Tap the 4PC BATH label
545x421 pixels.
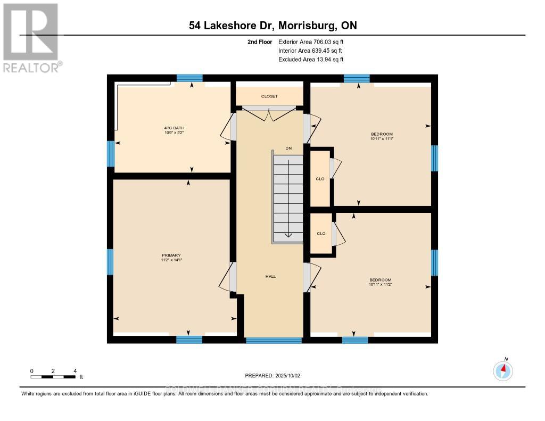pyautogui.click(x=174, y=128)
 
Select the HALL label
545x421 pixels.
pyautogui.click(x=270, y=276)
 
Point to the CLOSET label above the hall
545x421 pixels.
pyautogui.click(x=269, y=96)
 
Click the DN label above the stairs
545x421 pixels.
pyautogui.click(x=288, y=148)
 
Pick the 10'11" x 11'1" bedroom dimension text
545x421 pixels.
pyautogui.click(x=382, y=138)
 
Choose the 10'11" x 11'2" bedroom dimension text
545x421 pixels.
pyautogui.click(x=381, y=285)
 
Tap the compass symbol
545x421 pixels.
pyautogui.click(x=503, y=369)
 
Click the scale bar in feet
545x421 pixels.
pyautogui.click(x=53, y=377)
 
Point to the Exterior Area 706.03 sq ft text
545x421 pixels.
pyautogui.click(x=314, y=42)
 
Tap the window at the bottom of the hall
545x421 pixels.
pyautogui.click(x=273, y=340)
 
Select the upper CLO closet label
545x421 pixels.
pyautogui.click(x=320, y=179)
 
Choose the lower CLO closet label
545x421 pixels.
pyautogui.click(x=321, y=234)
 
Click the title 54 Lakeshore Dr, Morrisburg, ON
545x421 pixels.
pyautogui.click(x=272, y=26)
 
